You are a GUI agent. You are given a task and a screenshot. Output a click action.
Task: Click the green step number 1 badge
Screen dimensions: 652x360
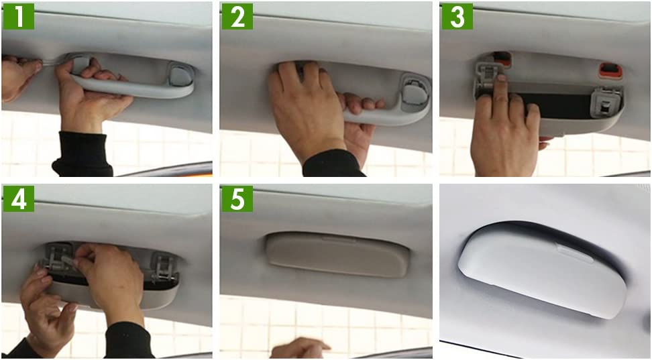coord(19,16)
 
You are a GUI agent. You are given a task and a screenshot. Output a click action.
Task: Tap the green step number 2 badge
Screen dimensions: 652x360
coord(237,16)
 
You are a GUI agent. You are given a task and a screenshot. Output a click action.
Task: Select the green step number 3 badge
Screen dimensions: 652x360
coord(457,16)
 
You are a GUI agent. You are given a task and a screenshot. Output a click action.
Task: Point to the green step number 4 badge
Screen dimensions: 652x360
coord(19,198)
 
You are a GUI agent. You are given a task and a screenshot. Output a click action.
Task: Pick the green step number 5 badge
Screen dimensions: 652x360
coord(237,198)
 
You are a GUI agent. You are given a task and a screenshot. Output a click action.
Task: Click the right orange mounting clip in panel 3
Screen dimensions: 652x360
coord(610,70)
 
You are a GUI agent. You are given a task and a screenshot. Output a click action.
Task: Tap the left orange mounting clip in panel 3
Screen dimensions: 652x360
coord(502,59)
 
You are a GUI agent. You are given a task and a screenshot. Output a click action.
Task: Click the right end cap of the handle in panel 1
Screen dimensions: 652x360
coord(181,75)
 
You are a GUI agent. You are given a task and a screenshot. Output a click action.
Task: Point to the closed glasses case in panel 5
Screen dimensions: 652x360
coord(337,255)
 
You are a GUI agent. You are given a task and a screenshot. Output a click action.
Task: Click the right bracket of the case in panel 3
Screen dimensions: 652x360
coord(606,103)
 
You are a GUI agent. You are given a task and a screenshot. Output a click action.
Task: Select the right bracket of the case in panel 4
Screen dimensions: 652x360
coord(164,266)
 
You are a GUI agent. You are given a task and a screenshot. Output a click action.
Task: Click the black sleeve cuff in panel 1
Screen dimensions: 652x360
coord(83,155)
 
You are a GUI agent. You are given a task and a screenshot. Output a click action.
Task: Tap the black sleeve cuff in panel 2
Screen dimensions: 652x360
coord(333,165)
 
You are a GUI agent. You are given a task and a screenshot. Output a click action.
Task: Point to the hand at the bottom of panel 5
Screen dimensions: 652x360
coord(299,349)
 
